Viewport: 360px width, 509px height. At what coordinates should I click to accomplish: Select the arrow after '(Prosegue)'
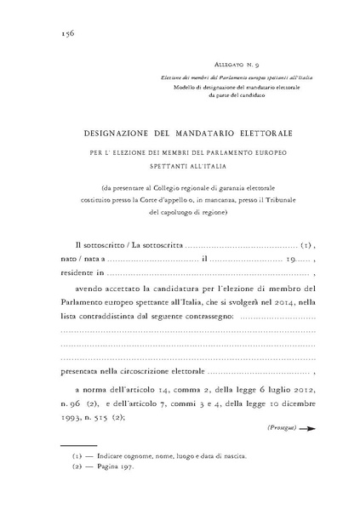[308, 429]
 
